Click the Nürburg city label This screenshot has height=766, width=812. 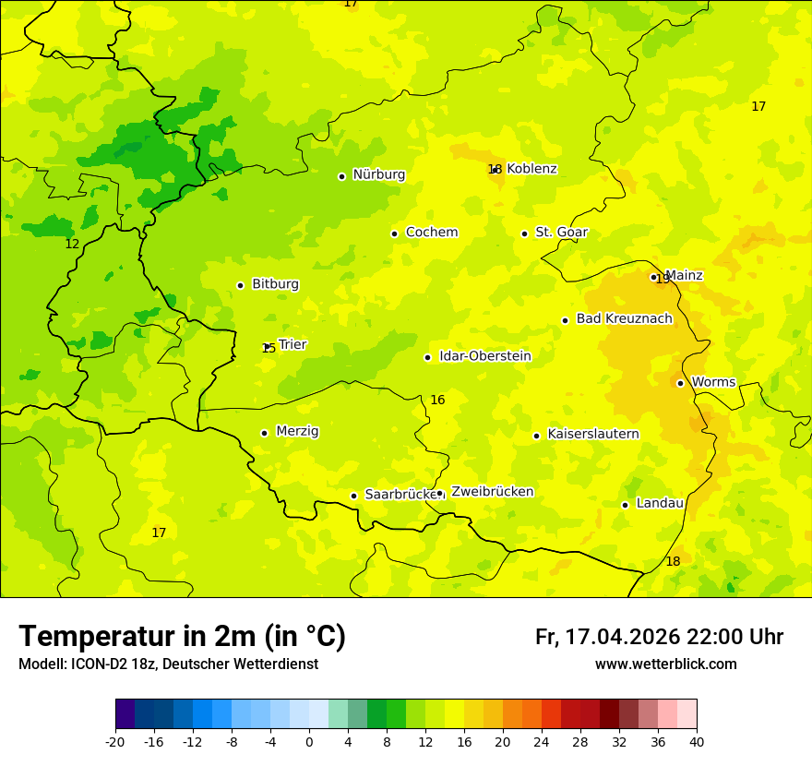point(378,174)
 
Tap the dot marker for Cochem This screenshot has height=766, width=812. point(394,233)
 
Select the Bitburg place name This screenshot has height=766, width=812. point(275,284)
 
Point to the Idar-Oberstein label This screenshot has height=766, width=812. point(484,356)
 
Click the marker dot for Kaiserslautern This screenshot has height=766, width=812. point(536,436)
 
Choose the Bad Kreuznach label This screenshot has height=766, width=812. point(624,319)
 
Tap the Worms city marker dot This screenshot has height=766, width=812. point(680,383)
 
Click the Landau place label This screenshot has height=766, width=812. point(660,503)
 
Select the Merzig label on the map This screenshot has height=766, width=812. point(297,431)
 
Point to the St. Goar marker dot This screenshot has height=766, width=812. point(524,233)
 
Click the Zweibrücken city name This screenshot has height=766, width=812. point(492,492)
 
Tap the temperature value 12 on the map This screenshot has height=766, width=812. point(72,245)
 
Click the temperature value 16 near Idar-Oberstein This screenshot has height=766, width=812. point(437,400)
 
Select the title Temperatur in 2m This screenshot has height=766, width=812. point(182,637)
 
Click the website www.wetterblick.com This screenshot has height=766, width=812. point(665,664)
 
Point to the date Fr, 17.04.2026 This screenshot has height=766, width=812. point(607,637)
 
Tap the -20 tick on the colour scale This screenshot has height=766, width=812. point(115,742)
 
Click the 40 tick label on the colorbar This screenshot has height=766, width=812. point(697,742)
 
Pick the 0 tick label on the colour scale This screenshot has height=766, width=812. point(309,742)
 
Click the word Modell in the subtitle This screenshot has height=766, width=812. point(41,664)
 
